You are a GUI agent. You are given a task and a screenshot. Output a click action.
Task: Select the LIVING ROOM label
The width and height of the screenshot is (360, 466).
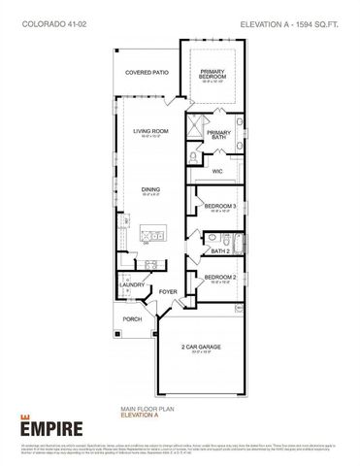(151, 131)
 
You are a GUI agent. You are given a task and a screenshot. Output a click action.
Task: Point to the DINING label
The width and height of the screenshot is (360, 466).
(151, 190)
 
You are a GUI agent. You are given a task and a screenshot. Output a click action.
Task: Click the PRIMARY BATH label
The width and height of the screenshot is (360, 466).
(218, 135)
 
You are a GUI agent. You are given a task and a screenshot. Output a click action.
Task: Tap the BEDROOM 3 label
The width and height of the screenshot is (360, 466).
(218, 207)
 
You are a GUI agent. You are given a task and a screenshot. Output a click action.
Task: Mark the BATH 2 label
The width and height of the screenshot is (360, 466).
(219, 250)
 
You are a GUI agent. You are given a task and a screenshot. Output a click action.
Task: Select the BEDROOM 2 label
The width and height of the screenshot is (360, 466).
(218, 279)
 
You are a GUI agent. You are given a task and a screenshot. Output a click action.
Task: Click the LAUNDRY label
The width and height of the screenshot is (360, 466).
(132, 284)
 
